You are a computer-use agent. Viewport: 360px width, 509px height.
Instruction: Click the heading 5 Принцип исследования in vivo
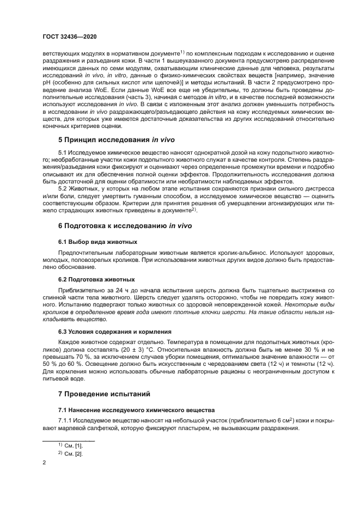tap(116, 139)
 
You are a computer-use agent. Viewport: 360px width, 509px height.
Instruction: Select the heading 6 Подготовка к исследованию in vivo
tap(125, 225)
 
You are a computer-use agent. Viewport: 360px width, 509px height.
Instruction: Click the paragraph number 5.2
tap(64, 188)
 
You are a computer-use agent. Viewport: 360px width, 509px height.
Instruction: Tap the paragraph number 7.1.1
tap(66, 421)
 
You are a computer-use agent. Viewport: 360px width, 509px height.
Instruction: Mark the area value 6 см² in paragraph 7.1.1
tap(282, 421)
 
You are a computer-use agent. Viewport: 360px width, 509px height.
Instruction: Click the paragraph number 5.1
tap(64, 154)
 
